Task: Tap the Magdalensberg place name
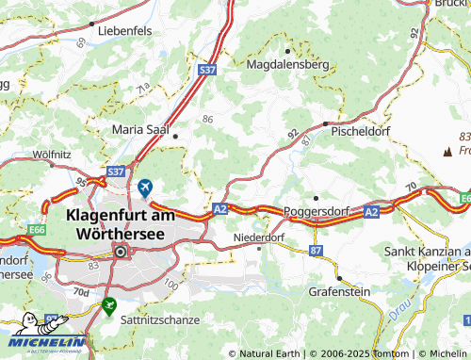[287, 65]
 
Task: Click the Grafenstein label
[338, 293]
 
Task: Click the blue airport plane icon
[144, 188]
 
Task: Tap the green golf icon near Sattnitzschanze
[110, 305]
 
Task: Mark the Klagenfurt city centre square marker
[121, 252]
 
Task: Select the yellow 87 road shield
[315, 250]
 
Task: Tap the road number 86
[206, 119]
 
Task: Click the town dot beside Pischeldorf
[325, 123]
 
